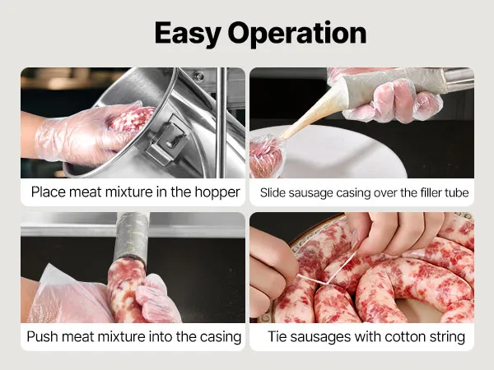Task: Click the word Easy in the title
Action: (x=188, y=34)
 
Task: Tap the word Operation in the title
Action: (x=297, y=34)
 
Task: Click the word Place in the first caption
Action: (x=49, y=192)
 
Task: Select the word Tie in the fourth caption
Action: (x=277, y=336)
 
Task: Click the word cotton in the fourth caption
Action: (x=405, y=336)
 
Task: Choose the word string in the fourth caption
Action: (x=447, y=337)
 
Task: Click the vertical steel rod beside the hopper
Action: (x=221, y=123)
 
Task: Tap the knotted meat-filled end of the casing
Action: (x=266, y=157)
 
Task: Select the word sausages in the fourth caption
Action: (x=320, y=337)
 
